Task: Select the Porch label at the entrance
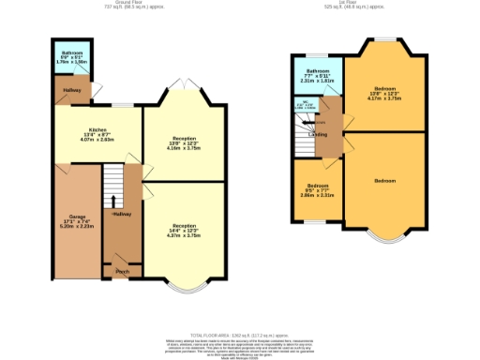pyautogui.click(x=121, y=272)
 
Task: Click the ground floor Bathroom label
pyautogui.click(x=72, y=53)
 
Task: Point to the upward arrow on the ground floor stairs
pyautogui.click(x=114, y=201)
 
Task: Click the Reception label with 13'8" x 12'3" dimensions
pyautogui.click(x=184, y=138)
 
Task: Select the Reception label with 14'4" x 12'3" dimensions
pyautogui.click(x=184, y=226)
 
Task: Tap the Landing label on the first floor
pyautogui.click(x=317, y=134)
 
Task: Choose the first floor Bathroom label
pyautogui.click(x=317, y=71)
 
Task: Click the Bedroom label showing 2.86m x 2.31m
pyautogui.click(x=317, y=186)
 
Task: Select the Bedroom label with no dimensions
pyautogui.click(x=384, y=180)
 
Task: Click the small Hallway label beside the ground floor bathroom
pyautogui.click(x=71, y=89)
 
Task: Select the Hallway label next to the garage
pyautogui.click(x=122, y=216)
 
